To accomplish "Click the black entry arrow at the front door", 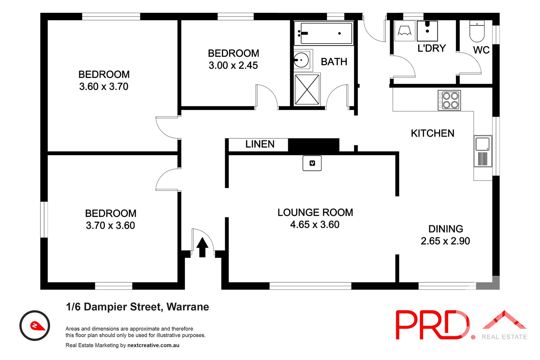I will [202, 247].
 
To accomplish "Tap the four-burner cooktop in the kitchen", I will [449, 100].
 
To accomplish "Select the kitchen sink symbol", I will [483, 151].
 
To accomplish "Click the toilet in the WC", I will [477, 31].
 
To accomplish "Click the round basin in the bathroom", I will [301, 60].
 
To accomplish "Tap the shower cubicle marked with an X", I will [307, 90].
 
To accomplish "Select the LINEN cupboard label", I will [260, 144].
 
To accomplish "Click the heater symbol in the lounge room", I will [312, 163].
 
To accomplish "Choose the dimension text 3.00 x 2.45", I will [233, 65].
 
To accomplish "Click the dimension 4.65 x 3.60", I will [315, 225].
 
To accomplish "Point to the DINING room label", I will [446, 229].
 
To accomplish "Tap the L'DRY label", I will [432, 48].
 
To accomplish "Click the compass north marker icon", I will [35, 326].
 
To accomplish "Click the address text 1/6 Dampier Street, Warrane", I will [137, 307].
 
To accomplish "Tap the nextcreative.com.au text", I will [153, 345].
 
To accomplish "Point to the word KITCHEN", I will [432, 133].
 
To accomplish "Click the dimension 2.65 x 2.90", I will [445, 241].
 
